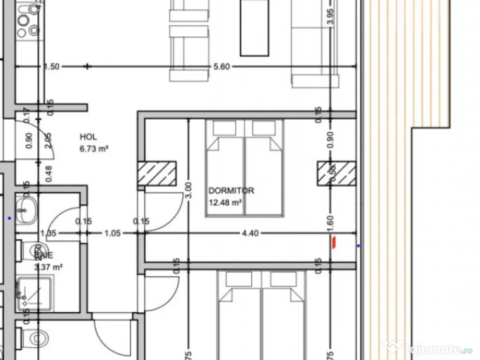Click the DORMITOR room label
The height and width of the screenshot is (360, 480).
click(231, 191)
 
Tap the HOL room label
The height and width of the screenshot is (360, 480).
click(88, 137)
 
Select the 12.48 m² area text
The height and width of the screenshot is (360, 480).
click(225, 202)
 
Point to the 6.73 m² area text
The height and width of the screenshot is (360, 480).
click(94, 149)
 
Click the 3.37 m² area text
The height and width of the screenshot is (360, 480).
click(49, 268)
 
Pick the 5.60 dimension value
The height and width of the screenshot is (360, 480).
click(221, 67)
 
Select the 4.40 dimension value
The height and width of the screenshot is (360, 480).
click(250, 233)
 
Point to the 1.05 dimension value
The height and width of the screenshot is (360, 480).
click(112, 233)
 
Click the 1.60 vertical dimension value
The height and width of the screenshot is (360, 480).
click(330, 221)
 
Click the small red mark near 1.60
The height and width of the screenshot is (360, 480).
click(333, 242)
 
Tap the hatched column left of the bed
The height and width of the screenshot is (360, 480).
click(157, 173)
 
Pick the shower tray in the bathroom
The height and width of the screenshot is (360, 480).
click(36, 293)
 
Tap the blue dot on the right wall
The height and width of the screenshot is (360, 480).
click(359, 245)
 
